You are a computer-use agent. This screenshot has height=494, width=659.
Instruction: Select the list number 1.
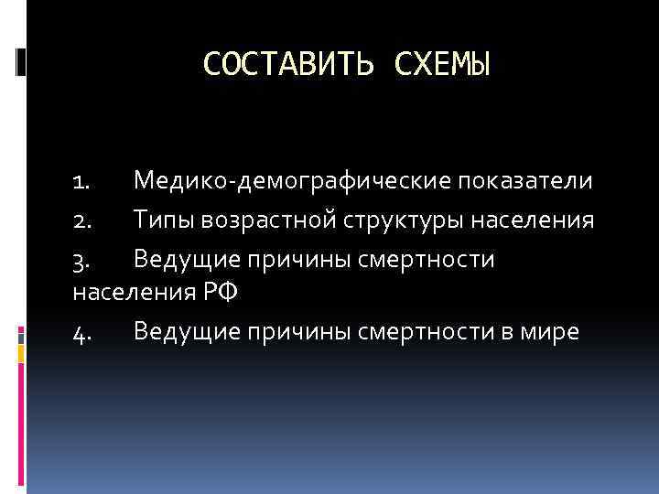pos(80,181)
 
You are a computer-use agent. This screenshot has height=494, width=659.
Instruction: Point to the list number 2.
pos(81,220)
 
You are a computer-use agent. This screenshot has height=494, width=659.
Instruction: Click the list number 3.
pos(81,261)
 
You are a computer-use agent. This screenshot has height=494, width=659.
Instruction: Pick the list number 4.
pos(81,332)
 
